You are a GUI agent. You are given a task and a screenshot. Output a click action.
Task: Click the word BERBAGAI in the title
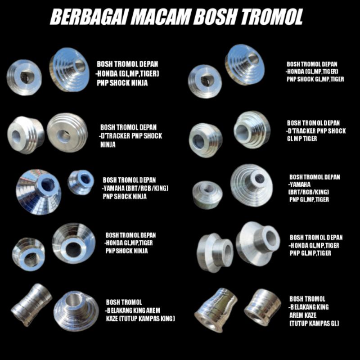[85, 17]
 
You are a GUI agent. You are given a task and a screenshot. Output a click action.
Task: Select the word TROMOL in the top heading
[272, 17]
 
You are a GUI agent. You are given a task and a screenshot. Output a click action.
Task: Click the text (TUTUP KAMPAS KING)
[140, 318]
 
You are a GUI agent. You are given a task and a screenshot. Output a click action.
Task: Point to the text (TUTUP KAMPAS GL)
[314, 324]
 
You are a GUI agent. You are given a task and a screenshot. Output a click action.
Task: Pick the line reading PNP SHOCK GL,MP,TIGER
[315, 79]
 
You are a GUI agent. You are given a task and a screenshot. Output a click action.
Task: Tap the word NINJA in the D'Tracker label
[108, 145]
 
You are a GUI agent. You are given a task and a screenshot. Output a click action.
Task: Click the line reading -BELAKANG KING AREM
[133, 310]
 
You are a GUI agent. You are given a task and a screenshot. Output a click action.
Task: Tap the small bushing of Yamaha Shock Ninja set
[81, 182]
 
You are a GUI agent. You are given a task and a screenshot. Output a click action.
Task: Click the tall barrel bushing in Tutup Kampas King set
[31, 305]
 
